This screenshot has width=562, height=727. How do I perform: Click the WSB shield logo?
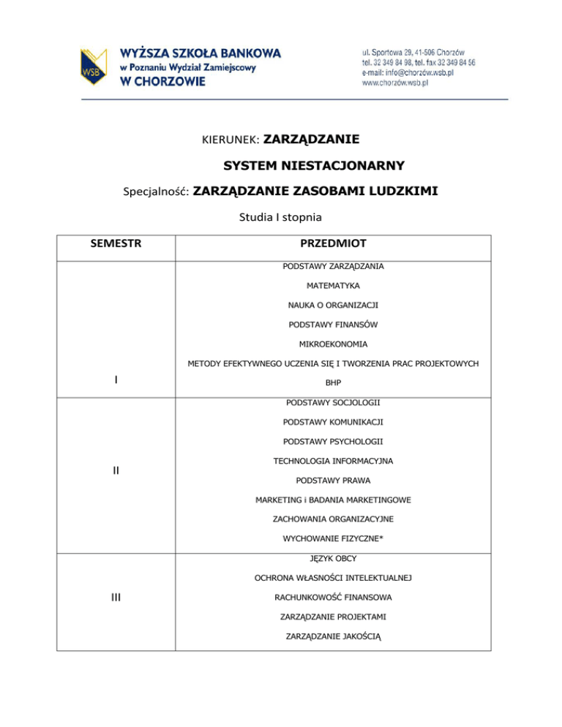(95, 67)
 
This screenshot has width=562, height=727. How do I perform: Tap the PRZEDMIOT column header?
(333, 242)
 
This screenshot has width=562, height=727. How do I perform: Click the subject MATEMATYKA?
(333, 285)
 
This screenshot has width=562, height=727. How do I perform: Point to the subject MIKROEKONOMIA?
(333, 343)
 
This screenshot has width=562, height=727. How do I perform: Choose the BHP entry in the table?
(333, 382)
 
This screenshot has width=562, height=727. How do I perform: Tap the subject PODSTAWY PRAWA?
(333, 481)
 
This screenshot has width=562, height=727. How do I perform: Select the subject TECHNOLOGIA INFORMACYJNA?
(333, 461)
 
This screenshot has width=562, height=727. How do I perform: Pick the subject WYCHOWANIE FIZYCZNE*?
(333, 538)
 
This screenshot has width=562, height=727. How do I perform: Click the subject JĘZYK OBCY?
(333, 558)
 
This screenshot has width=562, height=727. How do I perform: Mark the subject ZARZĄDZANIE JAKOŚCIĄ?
(333, 636)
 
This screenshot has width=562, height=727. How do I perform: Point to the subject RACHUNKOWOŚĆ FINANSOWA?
(333, 598)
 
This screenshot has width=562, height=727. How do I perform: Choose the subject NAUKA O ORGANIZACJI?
(333, 304)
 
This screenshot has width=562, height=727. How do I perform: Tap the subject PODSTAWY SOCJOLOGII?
(333, 402)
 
